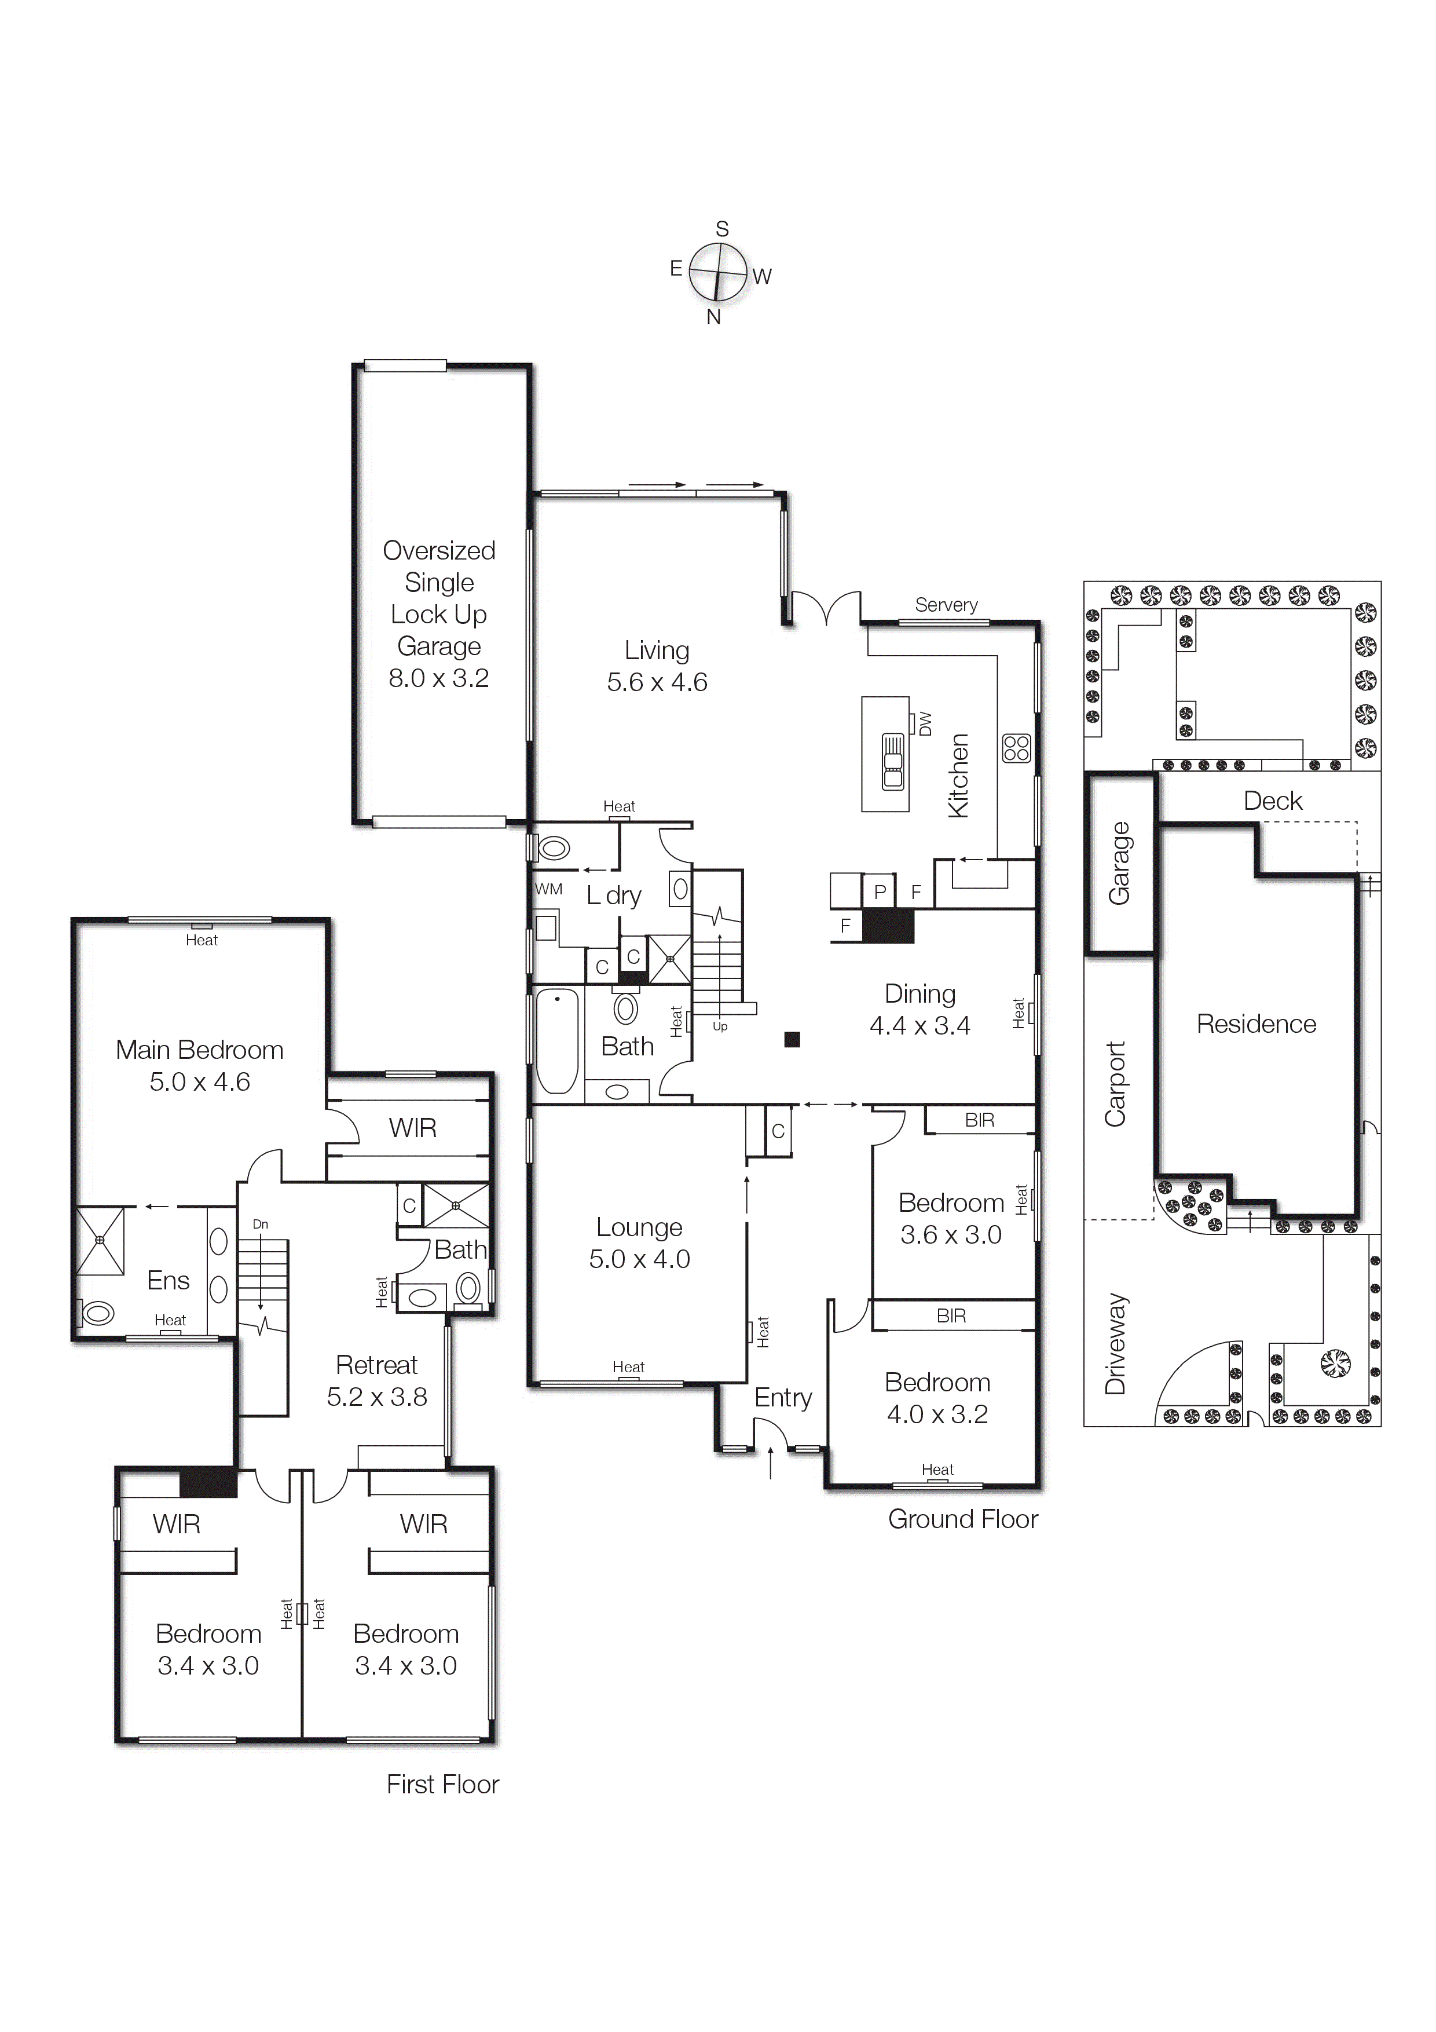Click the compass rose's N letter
coord(713,317)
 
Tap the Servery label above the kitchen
coord(946,605)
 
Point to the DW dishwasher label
coord(925,724)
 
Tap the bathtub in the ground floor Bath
coord(558,1041)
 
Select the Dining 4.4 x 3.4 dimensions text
coord(920,1026)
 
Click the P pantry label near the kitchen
coord(880,892)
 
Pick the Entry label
coord(783,1398)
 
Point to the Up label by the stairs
coord(720,1026)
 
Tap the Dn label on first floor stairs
coord(260,1224)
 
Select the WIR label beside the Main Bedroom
coord(412,1128)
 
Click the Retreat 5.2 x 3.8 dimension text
coord(377,1397)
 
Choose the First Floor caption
coord(442,1784)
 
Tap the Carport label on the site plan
coord(1115,1084)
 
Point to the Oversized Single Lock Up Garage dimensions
coord(439,678)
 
